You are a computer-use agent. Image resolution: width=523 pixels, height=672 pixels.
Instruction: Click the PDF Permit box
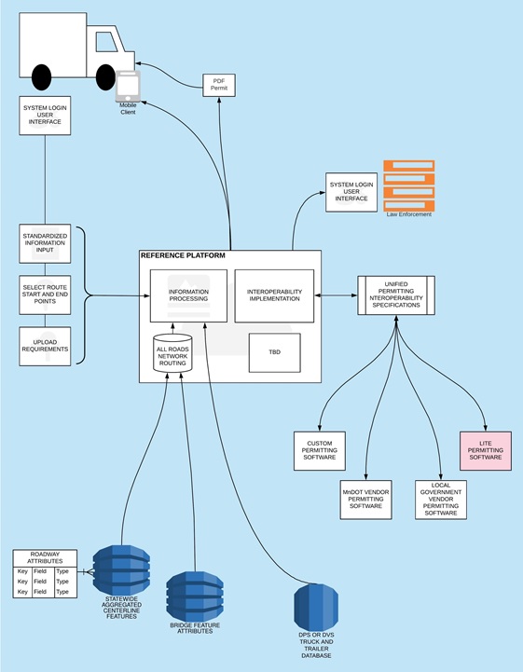click(218, 86)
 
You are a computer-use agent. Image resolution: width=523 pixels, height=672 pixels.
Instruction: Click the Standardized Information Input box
click(45, 242)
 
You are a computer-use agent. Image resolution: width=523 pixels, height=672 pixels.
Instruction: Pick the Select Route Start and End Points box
click(45, 294)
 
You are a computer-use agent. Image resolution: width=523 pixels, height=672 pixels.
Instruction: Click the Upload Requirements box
click(45, 346)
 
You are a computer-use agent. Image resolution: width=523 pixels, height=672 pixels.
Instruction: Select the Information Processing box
click(188, 295)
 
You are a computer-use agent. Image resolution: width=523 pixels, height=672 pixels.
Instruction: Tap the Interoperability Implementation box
click(274, 295)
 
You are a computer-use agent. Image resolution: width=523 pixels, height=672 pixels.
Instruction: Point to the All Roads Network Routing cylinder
click(172, 355)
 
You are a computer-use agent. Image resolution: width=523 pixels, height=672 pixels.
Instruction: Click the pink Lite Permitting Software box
click(485, 449)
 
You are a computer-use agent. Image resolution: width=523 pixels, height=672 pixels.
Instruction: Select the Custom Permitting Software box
click(320, 451)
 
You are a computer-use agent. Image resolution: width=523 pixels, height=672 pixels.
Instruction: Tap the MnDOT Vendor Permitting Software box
click(366, 500)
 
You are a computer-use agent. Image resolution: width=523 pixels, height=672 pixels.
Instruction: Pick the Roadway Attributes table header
click(46, 557)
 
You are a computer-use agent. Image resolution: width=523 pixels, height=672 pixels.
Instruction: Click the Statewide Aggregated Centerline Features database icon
click(121, 571)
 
